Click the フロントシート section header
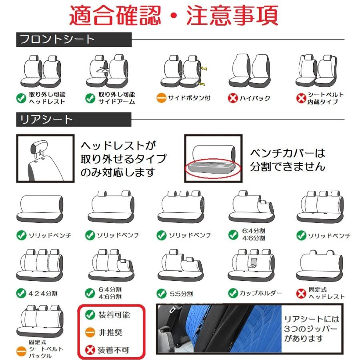[57, 40]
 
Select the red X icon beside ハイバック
[233, 98]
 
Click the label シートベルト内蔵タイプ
[325, 98]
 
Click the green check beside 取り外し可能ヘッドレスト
[21, 98]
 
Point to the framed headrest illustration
[45, 158]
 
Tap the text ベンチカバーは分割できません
[288, 160]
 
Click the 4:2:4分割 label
[43, 293]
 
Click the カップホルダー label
[260, 293]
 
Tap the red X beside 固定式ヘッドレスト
[301, 293]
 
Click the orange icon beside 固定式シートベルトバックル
[22, 351]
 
